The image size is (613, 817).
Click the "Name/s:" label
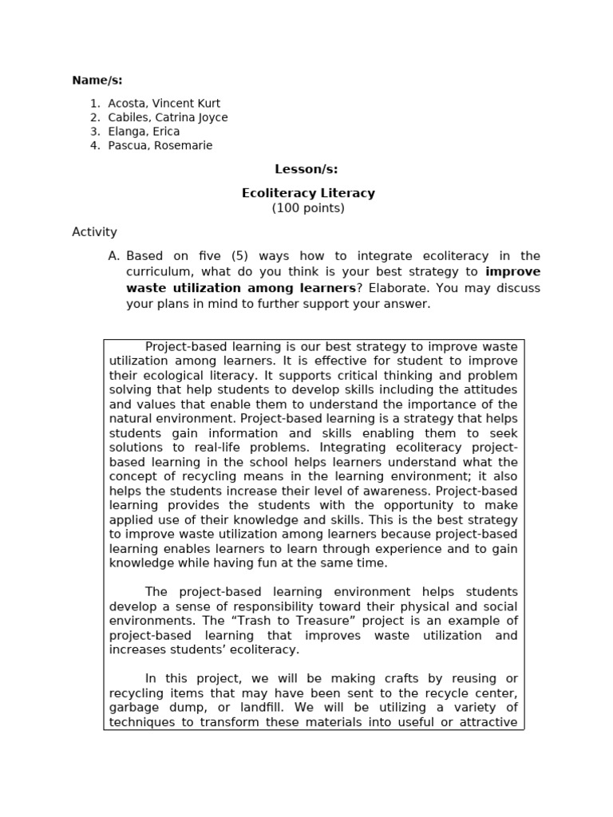[97, 80]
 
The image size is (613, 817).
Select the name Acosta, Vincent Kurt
[164, 103]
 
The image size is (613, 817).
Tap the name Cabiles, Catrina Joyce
[168, 117]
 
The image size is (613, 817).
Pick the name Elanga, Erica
[144, 132]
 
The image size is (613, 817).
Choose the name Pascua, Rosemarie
[160, 146]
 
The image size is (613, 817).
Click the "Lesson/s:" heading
[306, 169]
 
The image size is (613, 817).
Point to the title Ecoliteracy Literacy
[308, 193]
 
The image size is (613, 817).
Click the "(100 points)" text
[308, 208]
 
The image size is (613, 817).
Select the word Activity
[94, 232]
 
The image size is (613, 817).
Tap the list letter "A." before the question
[113, 256]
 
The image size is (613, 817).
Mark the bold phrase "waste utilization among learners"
[240, 288]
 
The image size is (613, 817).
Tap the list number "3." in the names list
[95, 132]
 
